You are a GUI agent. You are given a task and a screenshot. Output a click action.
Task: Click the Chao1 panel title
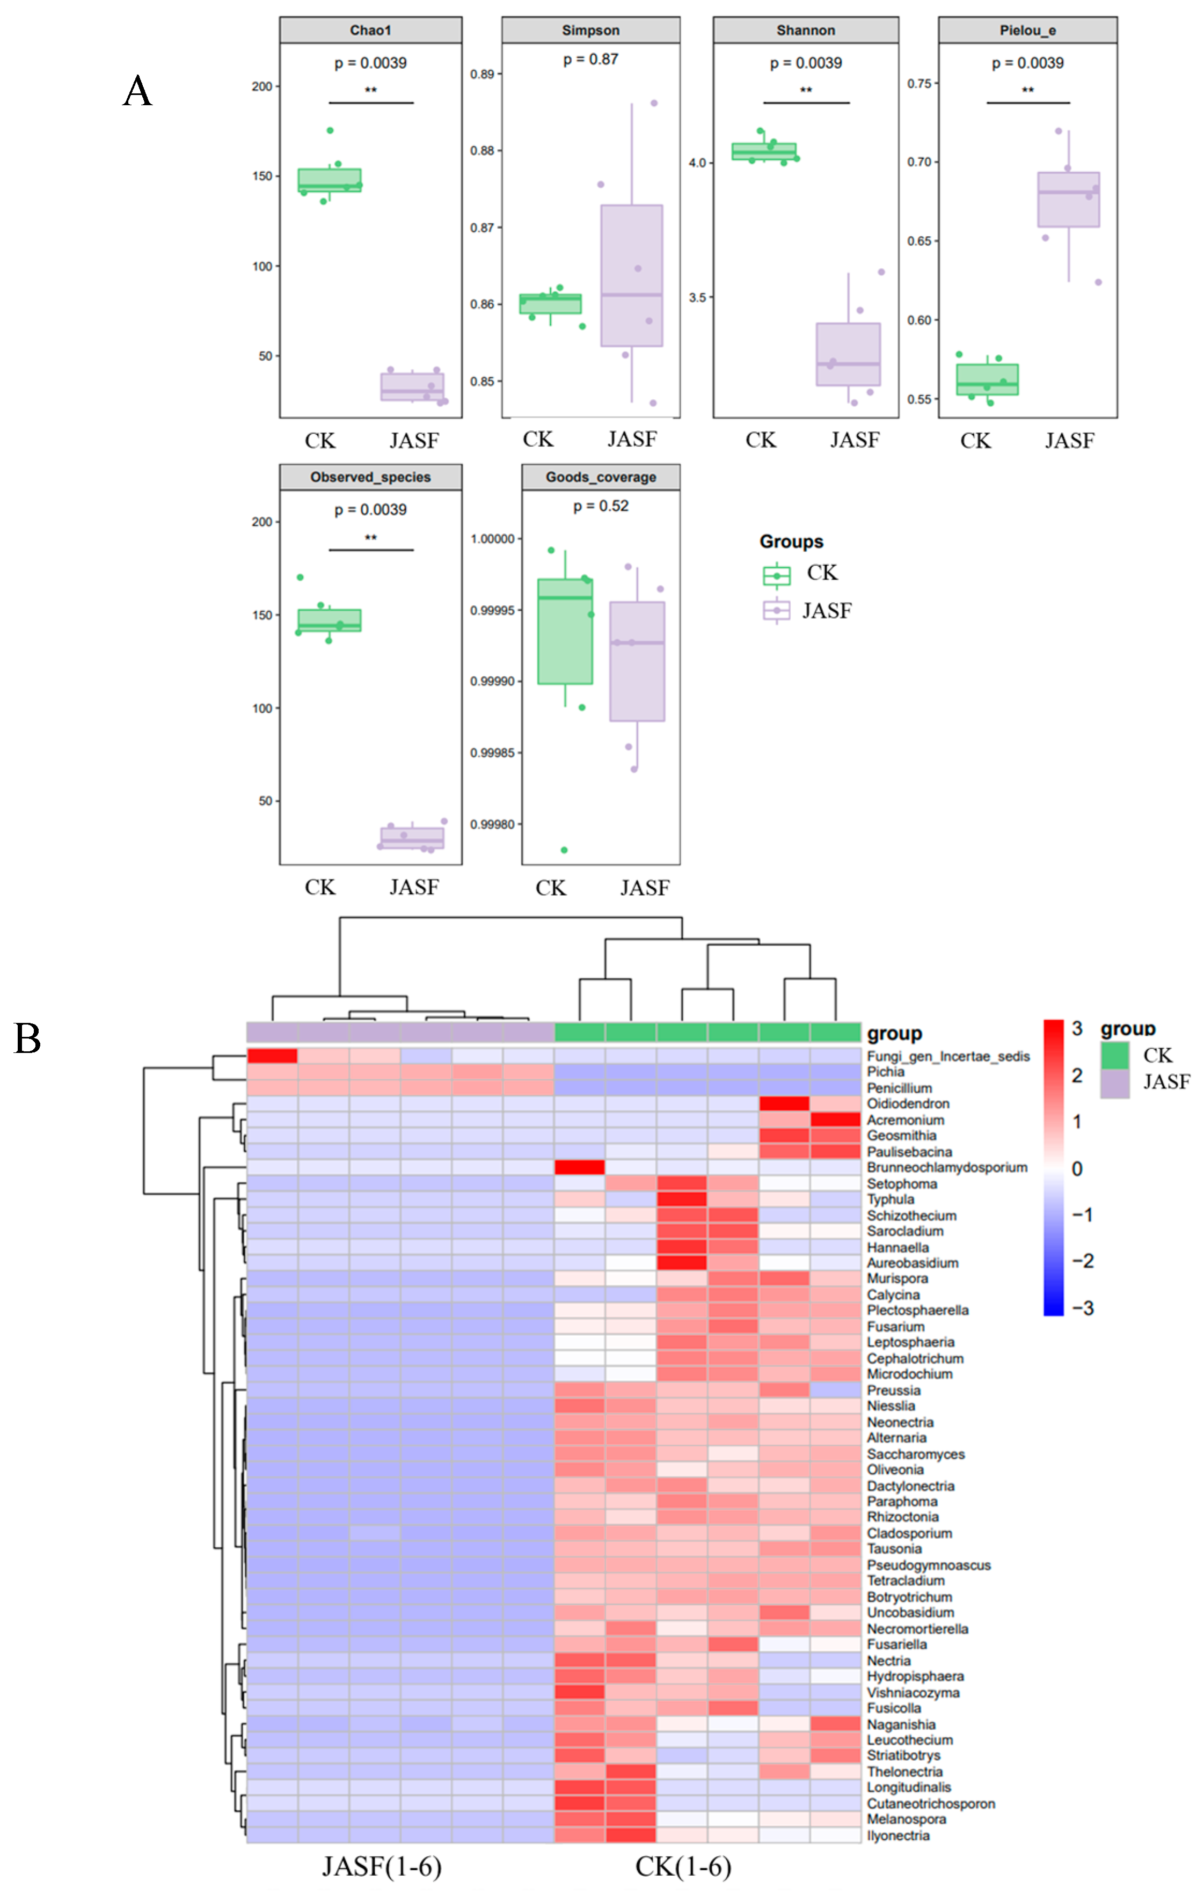tap(370, 31)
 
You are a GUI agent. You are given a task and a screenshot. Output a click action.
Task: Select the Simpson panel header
tap(590, 31)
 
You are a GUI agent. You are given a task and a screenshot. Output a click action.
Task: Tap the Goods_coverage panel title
tap(601, 477)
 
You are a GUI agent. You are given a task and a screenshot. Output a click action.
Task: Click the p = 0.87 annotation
tap(590, 59)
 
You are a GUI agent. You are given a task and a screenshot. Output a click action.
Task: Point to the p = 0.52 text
tap(601, 506)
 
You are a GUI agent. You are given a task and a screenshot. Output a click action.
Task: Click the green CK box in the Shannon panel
tap(763, 151)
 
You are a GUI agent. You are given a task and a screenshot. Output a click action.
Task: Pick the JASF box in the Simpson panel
tap(631, 275)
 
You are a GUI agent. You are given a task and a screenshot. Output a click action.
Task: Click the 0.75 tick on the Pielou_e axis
tap(918, 83)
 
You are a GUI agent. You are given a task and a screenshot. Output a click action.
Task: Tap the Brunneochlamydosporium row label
tap(947, 1167)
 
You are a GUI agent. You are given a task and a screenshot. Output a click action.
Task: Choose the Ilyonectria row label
tap(898, 1835)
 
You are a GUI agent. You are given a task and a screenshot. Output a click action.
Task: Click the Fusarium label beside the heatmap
tap(895, 1326)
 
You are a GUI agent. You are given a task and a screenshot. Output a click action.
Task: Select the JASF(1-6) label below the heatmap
tap(382, 1866)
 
